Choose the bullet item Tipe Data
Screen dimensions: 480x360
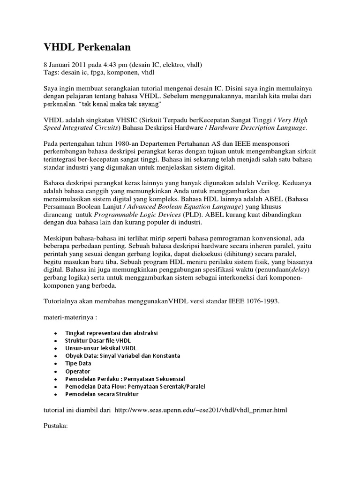pos(78,363)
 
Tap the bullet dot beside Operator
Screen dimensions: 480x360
pos(56,371)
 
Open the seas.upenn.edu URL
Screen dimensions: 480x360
pos(200,410)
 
